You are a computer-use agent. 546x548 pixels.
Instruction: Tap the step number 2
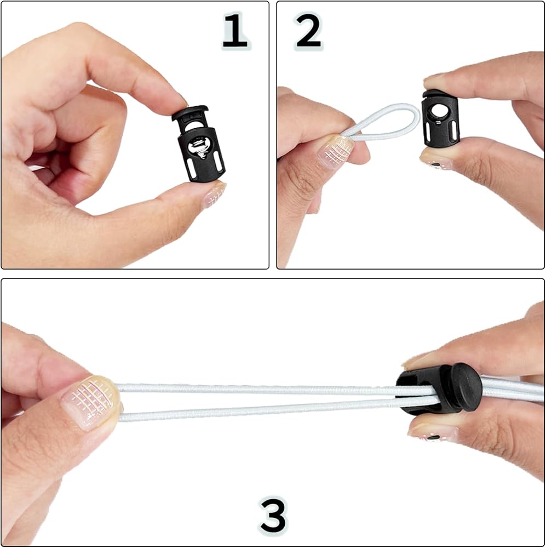click(x=308, y=31)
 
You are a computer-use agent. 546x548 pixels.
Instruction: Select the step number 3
click(x=273, y=516)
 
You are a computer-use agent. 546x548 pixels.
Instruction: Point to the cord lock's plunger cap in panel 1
click(x=191, y=112)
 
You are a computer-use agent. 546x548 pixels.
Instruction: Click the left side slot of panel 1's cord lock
click(x=191, y=168)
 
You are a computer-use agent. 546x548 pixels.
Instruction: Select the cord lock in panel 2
click(x=440, y=117)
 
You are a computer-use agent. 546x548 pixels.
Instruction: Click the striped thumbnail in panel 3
click(x=91, y=402)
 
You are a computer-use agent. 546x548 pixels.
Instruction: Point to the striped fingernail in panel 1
click(x=214, y=195)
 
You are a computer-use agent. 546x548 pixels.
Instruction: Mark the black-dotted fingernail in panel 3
click(x=433, y=433)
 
